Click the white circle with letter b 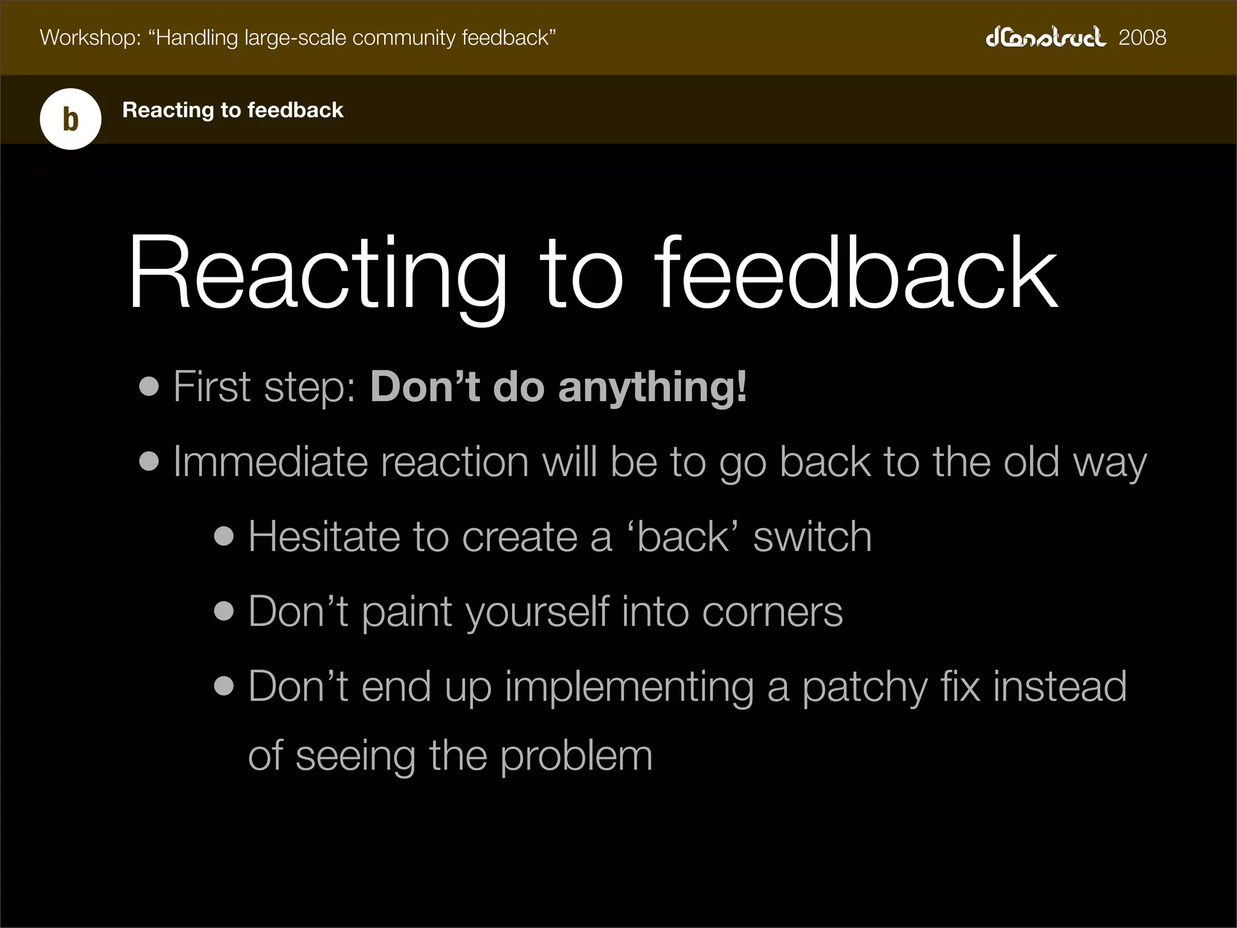(71, 119)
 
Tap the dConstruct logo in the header (1046, 37)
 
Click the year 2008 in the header (1142, 37)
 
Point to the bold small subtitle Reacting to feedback (233, 110)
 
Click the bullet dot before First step (149, 387)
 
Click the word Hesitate (324, 536)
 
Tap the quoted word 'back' (683, 536)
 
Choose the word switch (812, 536)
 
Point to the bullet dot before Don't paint (223, 611)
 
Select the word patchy (864, 688)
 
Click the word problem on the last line (576, 756)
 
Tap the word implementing (629, 688)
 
